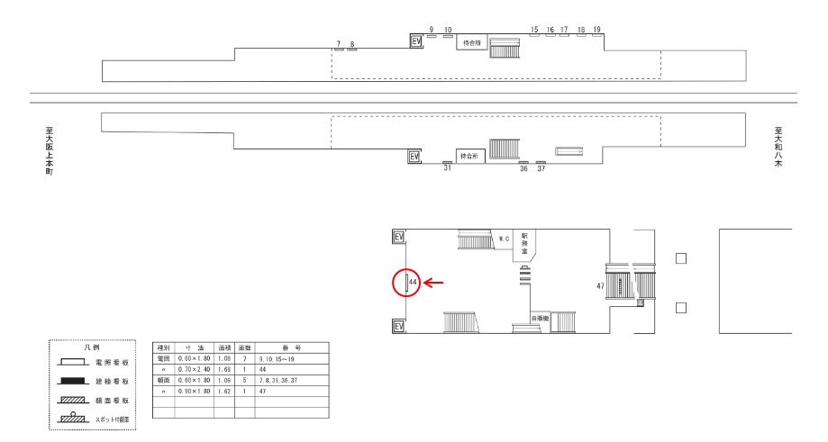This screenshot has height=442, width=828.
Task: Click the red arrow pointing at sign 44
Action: coord(434,284)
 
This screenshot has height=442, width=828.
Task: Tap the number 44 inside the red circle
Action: coord(413,284)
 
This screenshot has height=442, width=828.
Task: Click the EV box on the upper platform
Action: coord(416,41)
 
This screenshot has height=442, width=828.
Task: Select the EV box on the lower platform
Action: coord(414,157)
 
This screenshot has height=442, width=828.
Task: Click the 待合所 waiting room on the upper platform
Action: coord(471,42)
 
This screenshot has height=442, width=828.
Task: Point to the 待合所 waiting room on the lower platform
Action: coord(469,156)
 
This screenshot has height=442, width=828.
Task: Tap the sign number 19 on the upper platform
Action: coord(597,30)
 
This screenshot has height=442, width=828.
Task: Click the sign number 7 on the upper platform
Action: coord(339,43)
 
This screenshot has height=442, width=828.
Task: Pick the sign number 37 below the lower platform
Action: coord(541,168)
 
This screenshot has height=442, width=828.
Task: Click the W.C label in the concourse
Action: coord(505,239)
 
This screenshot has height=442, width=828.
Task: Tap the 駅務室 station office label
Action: coord(523,243)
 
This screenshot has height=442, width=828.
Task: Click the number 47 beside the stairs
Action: coord(600,285)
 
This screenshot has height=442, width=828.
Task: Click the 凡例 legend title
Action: coord(90,347)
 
